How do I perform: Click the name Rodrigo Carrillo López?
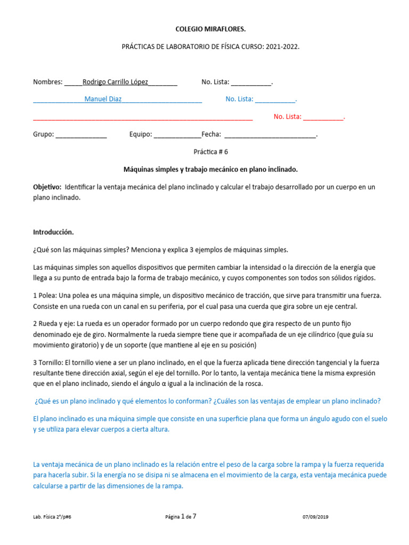[x=116, y=82]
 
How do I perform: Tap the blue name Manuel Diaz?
[x=103, y=99]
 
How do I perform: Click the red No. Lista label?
[x=288, y=117]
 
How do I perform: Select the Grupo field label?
[x=43, y=135]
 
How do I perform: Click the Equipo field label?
[x=141, y=135]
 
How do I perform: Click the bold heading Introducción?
[x=53, y=233]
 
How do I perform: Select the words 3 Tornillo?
[x=50, y=362]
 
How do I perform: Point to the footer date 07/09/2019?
[x=316, y=517]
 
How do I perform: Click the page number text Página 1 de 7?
[x=182, y=516]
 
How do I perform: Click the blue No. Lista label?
[x=239, y=99]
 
